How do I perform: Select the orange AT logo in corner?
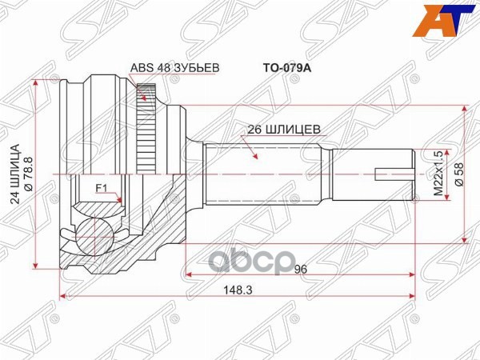[x=452, y=20]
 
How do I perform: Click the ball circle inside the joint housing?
[x=94, y=237]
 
